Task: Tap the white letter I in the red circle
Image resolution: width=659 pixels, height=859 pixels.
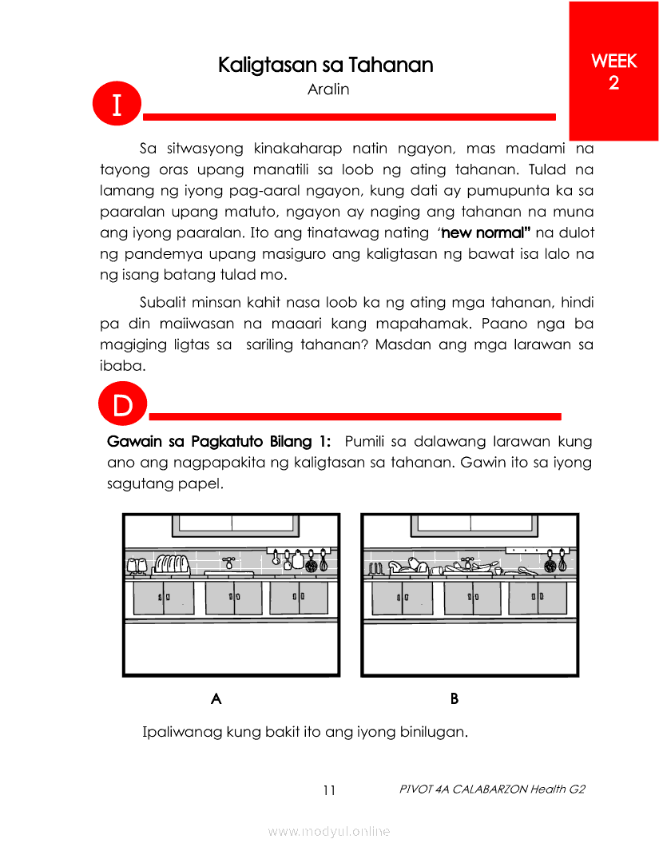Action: [117, 105]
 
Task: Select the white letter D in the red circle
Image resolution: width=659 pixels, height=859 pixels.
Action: [122, 405]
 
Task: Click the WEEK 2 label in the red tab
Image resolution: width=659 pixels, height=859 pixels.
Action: [613, 72]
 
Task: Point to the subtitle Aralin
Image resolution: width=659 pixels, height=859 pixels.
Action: [328, 89]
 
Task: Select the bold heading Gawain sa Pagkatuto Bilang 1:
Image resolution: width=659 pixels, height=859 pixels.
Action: [219, 441]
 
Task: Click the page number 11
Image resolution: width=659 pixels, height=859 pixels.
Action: [329, 790]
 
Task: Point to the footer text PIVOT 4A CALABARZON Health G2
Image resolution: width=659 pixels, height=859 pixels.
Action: [492, 789]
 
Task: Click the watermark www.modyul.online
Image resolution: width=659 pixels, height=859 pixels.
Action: [329, 831]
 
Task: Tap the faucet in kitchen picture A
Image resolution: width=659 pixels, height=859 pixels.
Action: [229, 562]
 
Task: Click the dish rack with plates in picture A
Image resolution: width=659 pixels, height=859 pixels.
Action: [170, 565]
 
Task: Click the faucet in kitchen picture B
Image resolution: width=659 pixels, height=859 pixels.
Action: [469, 560]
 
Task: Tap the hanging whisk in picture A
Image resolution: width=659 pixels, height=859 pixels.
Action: [324, 560]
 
